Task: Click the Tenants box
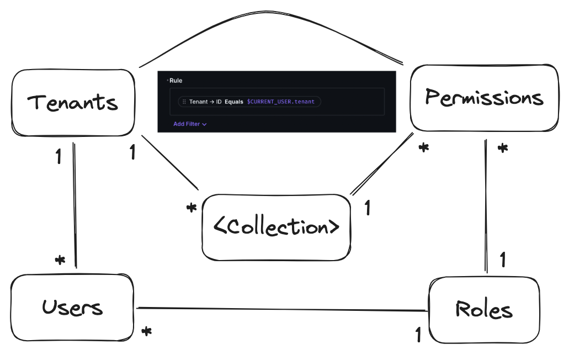click(72, 103)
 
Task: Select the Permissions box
click(484, 98)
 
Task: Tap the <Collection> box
click(276, 227)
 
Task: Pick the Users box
click(72, 307)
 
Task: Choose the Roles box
click(483, 310)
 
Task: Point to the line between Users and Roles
click(281, 309)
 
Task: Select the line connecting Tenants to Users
click(75, 204)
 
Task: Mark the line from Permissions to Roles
click(486, 204)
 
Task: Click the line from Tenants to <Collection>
click(170, 162)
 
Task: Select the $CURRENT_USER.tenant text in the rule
click(281, 102)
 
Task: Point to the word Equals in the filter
click(233, 102)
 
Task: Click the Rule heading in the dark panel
click(176, 81)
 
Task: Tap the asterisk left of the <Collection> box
click(192, 209)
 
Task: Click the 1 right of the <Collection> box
click(367, 209)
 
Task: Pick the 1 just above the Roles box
click(502, 259)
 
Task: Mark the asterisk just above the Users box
click(60, 260)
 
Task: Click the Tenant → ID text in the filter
click(205, 102)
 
